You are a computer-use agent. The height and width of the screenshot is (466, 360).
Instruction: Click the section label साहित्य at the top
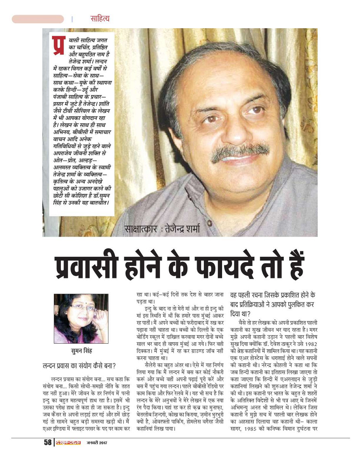click(100, 18)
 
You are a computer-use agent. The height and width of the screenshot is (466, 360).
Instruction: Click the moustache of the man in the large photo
click(240, 151)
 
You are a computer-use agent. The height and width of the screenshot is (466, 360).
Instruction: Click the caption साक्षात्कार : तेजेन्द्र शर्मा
click(162, 229)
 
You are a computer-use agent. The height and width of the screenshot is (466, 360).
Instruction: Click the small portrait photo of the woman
click(81, 319)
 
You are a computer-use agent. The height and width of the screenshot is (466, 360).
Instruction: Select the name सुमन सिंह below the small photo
click(81, 351)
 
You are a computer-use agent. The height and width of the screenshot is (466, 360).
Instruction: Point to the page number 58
click(47, 442)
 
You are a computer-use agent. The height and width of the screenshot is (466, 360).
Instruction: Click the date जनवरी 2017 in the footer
click(96, 442)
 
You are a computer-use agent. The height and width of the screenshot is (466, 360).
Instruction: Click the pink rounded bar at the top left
click(38, 19)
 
